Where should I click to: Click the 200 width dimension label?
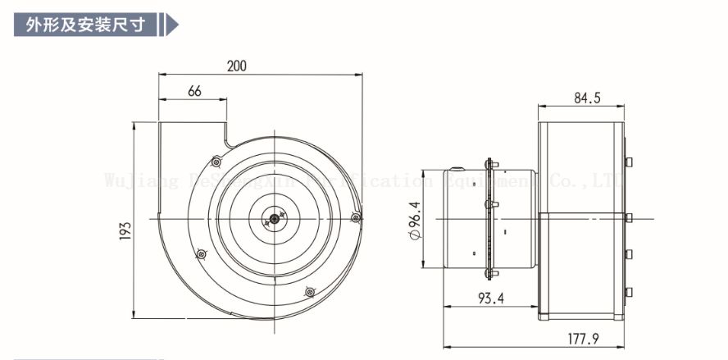pos(237,66)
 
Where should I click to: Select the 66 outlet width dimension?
pos(194,91)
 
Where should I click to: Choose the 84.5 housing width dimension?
pos(586,98)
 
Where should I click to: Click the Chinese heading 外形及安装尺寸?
pos(83,24)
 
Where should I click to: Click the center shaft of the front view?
pos(273,219)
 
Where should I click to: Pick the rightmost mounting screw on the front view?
pos(355,217)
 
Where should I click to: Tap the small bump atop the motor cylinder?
pos(454,169)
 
